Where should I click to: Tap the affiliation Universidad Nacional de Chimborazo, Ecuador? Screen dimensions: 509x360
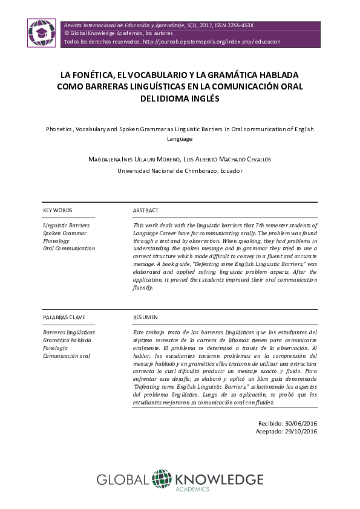click(x=180, y=171)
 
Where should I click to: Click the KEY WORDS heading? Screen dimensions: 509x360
click(x=58, y=210)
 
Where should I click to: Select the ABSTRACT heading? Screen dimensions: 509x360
click(x=145, y=210)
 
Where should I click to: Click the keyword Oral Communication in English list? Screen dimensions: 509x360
click(x=70, y=248)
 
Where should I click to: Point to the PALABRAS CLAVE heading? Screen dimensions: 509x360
click(x=64, y=317)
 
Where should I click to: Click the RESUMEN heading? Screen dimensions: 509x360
click(x=145, y=317)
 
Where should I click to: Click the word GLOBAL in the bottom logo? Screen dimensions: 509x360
click(x=123, y=480)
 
